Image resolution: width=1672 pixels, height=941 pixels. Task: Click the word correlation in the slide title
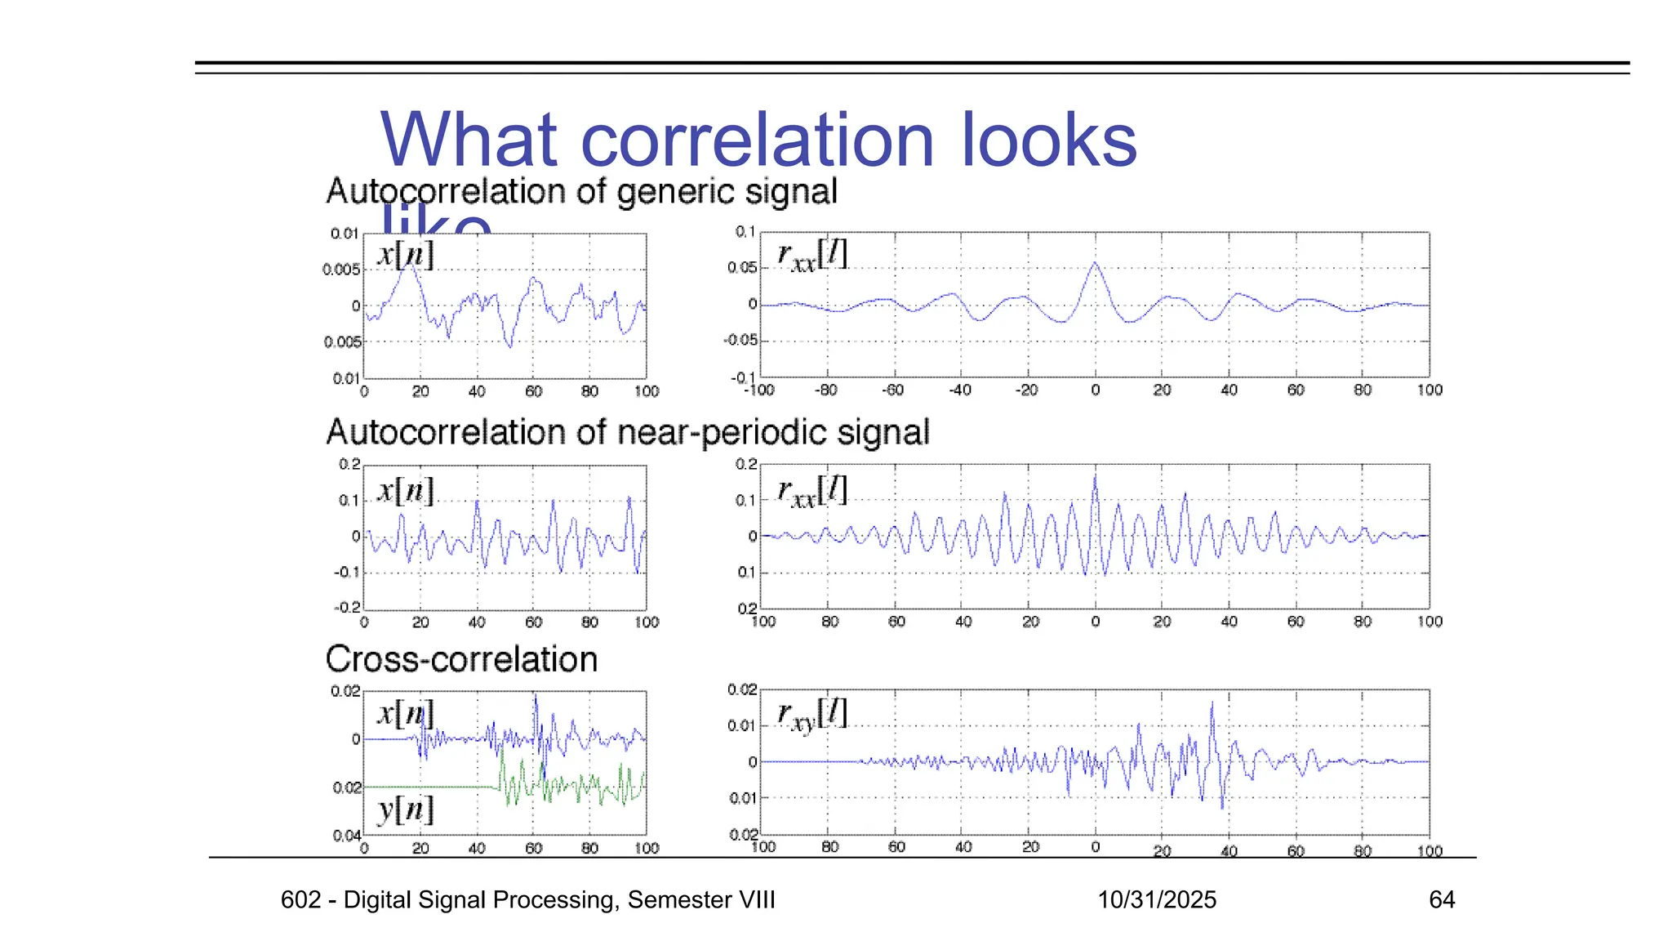point(757,140)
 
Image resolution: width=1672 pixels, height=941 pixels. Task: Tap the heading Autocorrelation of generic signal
point(581,192)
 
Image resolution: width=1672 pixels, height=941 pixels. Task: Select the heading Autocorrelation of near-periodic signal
point(627,432)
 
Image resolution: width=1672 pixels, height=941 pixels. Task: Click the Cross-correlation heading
point(461,659)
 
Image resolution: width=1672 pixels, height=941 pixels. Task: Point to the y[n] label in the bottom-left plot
point(405,809)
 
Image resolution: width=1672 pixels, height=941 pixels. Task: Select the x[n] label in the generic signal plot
point(405,255)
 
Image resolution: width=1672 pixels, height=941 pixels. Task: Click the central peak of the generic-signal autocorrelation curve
point(1095,264)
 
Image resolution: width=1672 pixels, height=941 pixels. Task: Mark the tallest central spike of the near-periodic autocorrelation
point(1095,477)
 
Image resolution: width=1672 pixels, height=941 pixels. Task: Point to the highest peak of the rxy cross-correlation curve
point(1212,703)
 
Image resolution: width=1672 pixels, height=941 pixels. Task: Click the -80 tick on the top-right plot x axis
point(825,390)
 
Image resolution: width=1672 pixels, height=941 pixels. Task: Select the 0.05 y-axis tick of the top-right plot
point(742,268)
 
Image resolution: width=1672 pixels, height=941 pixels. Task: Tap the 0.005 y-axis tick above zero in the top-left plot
point(340,270)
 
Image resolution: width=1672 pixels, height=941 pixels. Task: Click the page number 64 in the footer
point(1442,900)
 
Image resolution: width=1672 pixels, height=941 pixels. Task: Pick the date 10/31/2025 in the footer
point(1156,900)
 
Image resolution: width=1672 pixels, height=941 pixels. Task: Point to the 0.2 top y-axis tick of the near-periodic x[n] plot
point(349,464)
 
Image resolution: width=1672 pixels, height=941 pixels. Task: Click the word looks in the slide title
point(1048,140)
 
